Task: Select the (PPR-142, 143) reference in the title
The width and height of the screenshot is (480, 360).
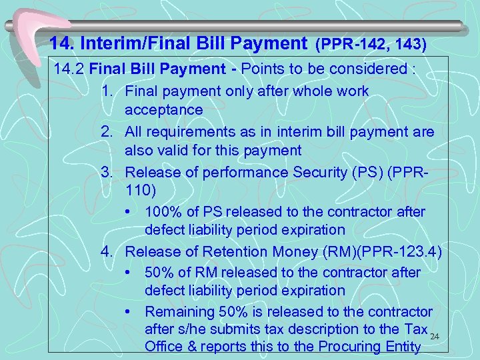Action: (371, 45)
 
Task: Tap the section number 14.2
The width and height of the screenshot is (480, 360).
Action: (69, 69)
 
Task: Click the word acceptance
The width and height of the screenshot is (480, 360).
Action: (163, 109)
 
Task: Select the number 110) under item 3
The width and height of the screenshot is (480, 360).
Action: (140, 191)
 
